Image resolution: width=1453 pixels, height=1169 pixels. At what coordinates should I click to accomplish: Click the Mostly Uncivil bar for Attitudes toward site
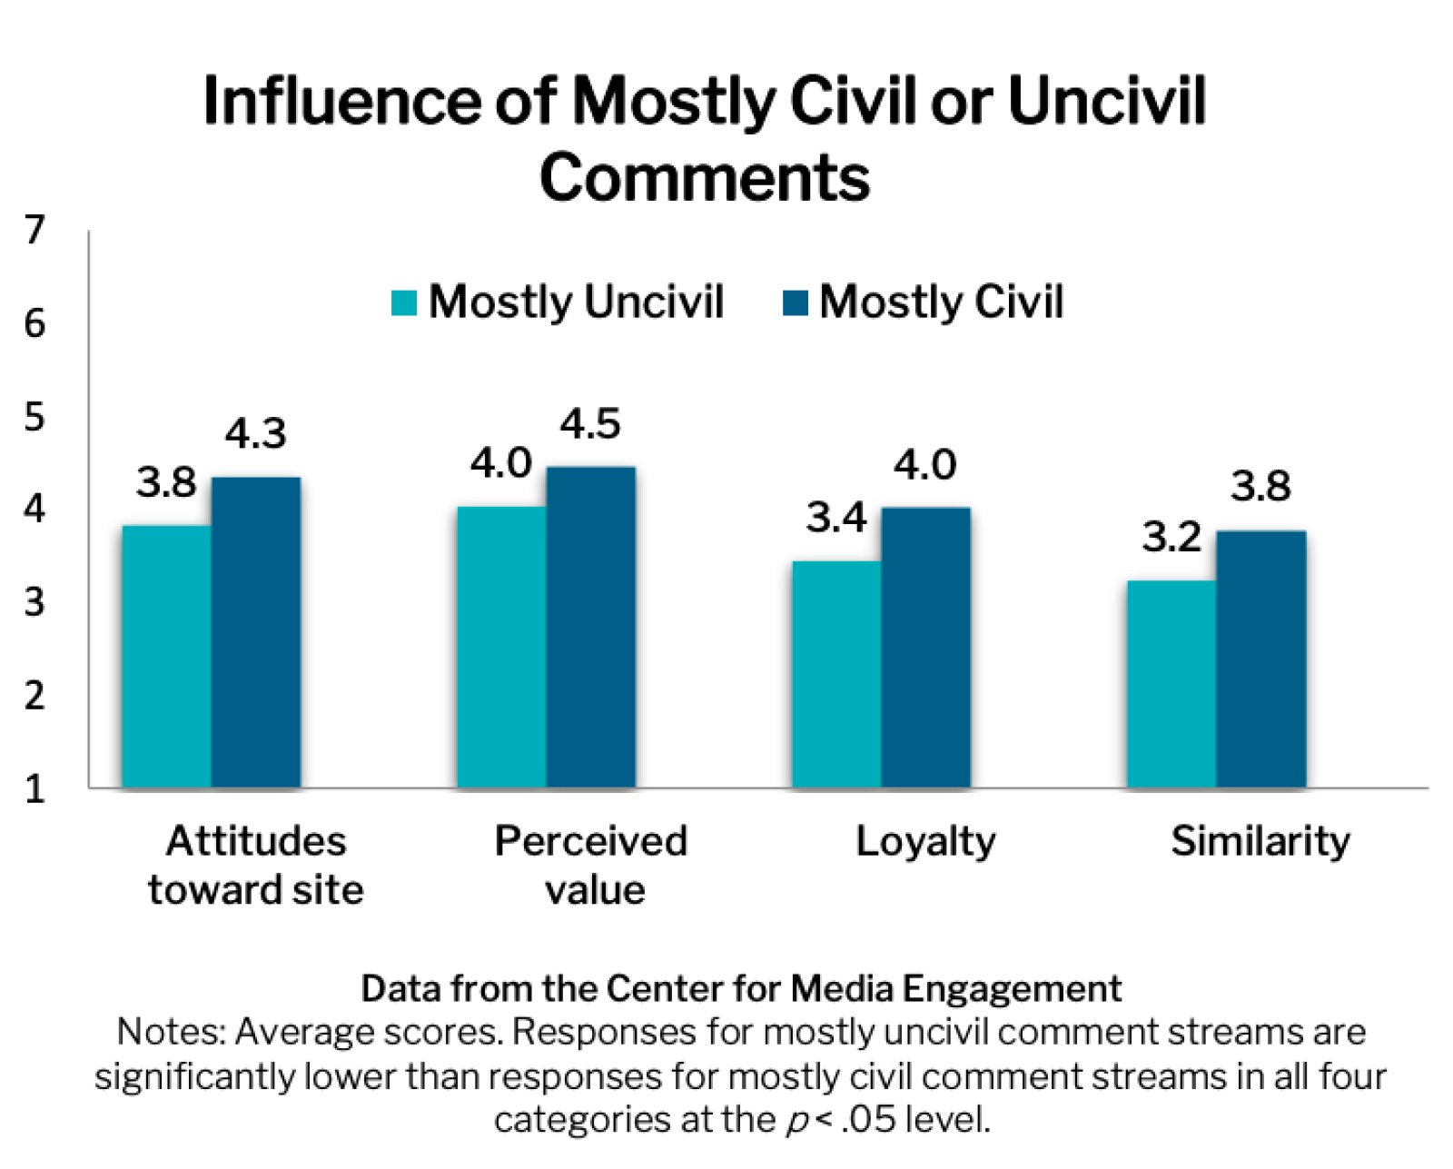pyautogui.click(x=167, y=656)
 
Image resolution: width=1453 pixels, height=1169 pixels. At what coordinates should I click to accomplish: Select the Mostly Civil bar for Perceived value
pyautogui.click(x=591, y=627)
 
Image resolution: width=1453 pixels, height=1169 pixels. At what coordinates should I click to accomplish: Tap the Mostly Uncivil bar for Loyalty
pyautogui.click(x=836, y=674)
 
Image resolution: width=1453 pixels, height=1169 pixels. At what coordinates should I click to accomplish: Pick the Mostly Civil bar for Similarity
pyautogui.click(x=1261, y=659)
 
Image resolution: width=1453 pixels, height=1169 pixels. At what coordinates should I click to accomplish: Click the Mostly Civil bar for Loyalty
pyautogui.click(x=926, y=647)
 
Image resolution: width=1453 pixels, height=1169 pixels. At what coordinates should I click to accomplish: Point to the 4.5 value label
pyautogui.click(x=590, y=424)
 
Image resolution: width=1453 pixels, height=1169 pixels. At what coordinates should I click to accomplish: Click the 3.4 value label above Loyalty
pyautogui.click(x=836, y=518)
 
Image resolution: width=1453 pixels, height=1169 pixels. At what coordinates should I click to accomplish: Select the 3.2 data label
pyautogui.click(x=1171, y=537)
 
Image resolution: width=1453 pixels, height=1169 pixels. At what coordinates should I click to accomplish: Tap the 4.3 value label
pyautogui.click(x=256, y=434)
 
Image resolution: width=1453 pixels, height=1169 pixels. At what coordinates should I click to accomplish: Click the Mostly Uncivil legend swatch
pyautogui.click(x=404, y=302)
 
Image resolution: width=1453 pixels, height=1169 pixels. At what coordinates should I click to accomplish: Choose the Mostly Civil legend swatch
pyautogui.click(x=796, y=302)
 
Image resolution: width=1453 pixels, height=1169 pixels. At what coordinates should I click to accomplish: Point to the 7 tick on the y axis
pyautogui.click(x=35, y=231)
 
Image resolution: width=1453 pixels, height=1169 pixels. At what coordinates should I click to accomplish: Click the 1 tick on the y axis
pyautogui.click(x=35, y=788)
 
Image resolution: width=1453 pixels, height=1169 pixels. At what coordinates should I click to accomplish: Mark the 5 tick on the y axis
pyautogui.click(x=35, y=417)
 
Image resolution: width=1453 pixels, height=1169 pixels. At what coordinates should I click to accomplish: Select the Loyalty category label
pyautogui.click(x=925, y=841)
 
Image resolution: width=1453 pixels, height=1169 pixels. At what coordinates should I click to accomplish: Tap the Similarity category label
pyautogui.click(x=1260, y=841)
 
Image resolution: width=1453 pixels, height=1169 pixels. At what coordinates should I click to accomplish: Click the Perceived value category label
pyautogui.click(x=591, y=865)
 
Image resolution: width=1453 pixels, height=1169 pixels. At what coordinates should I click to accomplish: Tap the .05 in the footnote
pyautogui.click(x=870, y=1119)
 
